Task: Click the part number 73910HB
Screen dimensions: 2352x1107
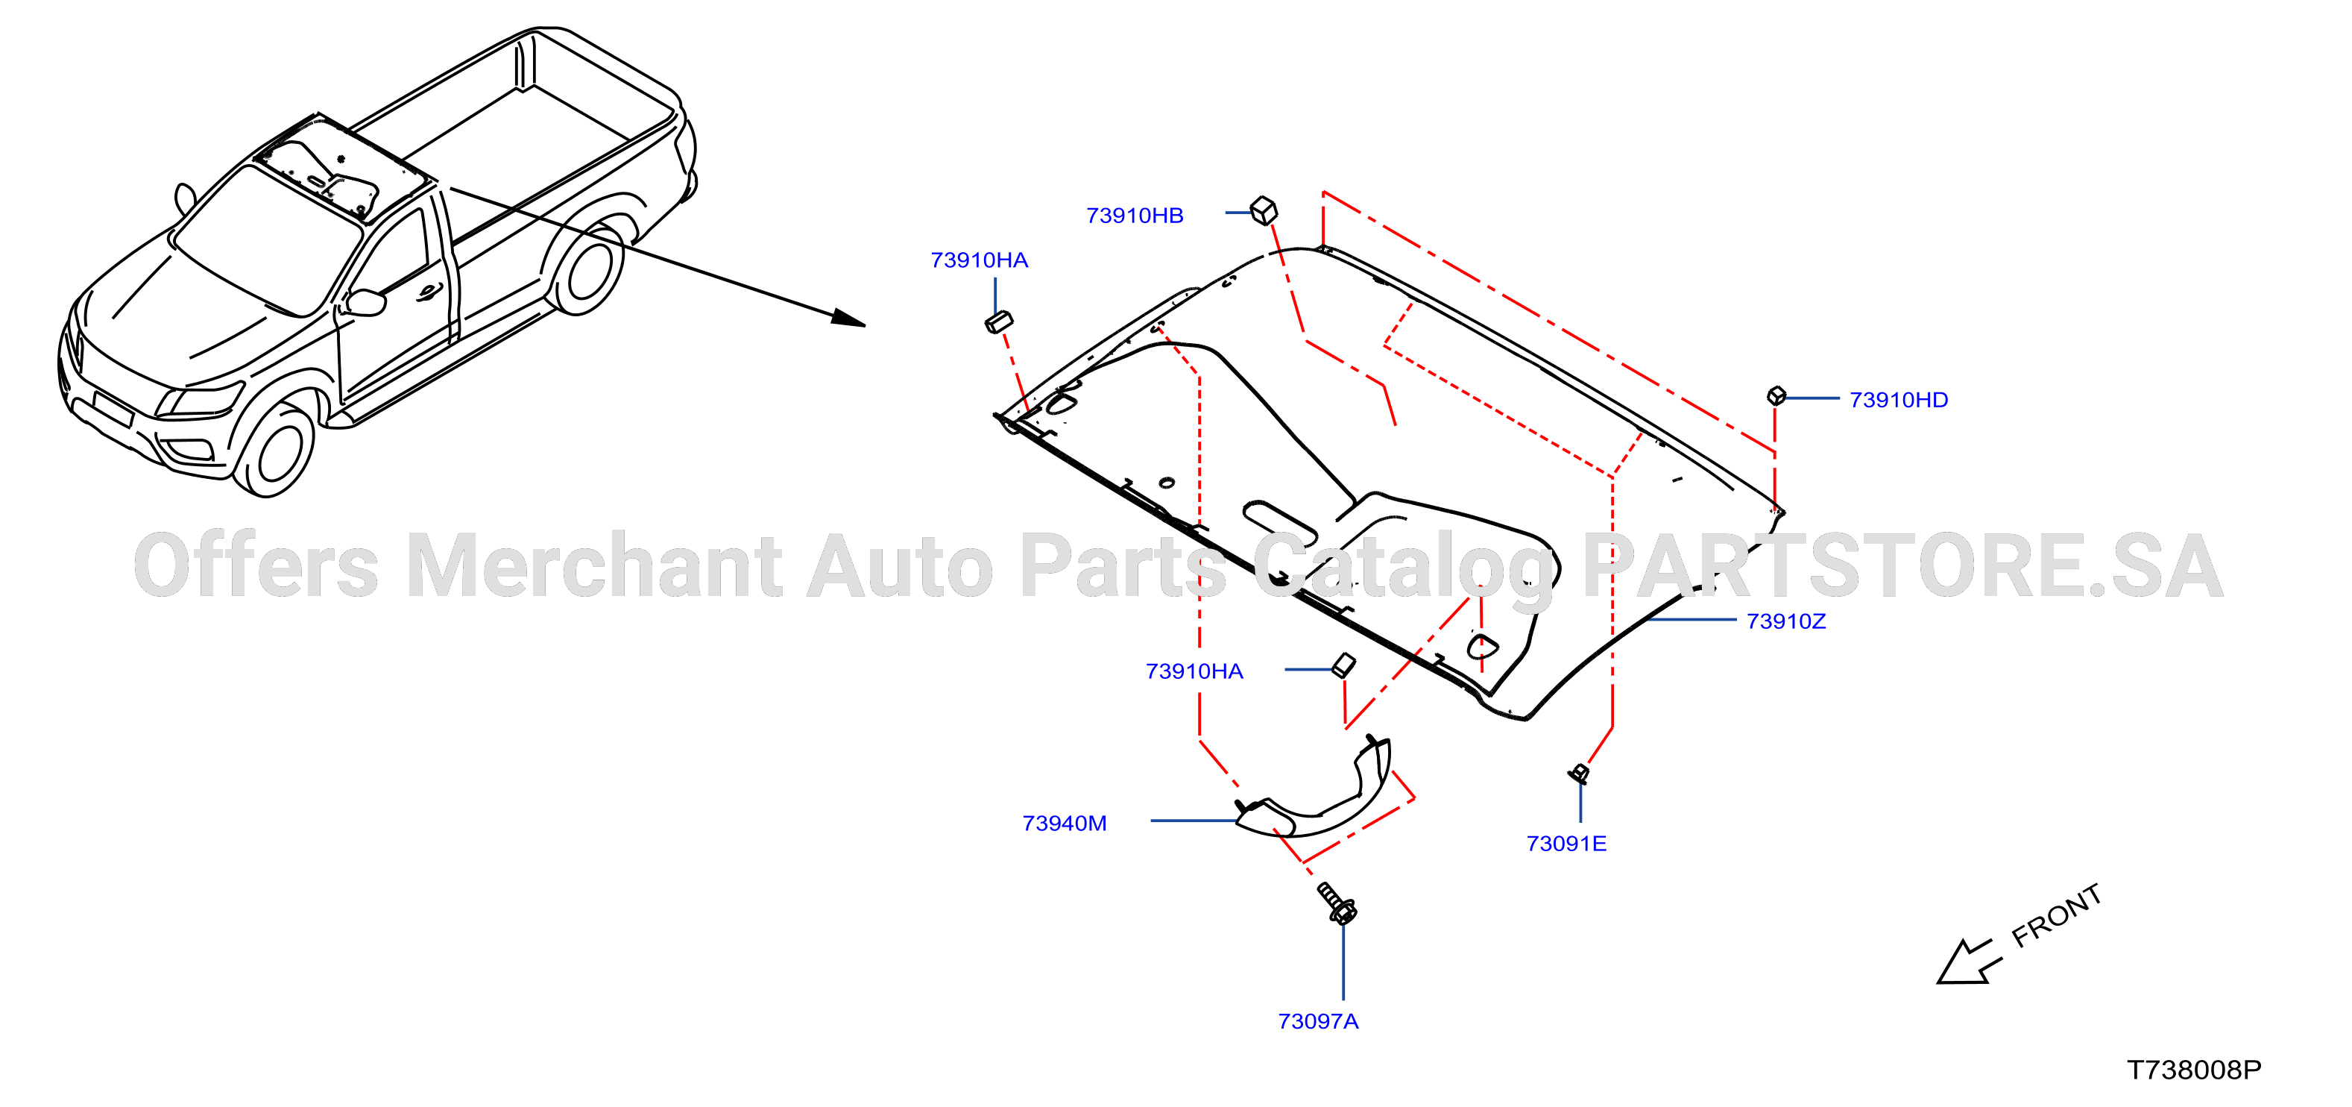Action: pyautogui.click(x=1134, y=216)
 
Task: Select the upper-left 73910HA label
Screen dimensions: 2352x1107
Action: pyautogui.click(x=979, y=260)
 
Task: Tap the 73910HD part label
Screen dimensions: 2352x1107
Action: pyautogui.click(x=1898, y=400)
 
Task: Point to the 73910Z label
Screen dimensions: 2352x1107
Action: pyautogui.click(x=1786, y=621)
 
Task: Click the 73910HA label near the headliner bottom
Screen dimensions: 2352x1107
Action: pyautogui.click(x=1194, y=671)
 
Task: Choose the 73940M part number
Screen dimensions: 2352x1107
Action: pyautogui.click(x=1065, y=823)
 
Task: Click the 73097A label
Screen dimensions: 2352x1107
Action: pyautogui.click(x=1317, y=1021)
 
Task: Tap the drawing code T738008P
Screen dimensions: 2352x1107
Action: pyautogui.click(x=2194, y=1070)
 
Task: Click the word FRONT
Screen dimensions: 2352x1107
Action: pyautogui.click(x=2057, y=915)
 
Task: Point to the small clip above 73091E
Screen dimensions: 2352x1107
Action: pyautogui.click(x=1579, y=774)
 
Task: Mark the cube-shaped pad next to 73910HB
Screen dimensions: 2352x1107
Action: pyautogui.click(x=1264, y=210)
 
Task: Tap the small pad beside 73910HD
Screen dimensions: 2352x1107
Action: pyautogui.click(x=1776, y=395)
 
